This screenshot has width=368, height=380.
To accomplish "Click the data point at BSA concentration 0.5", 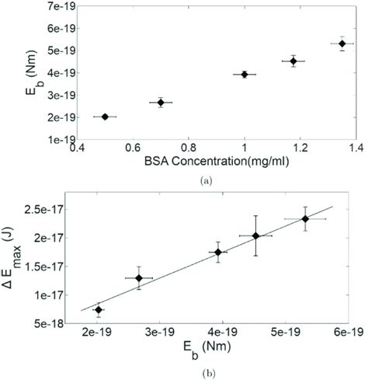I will [105, 117].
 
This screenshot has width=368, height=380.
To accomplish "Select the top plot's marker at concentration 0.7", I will [161, 102].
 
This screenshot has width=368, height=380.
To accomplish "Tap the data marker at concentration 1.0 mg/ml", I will [245, 74].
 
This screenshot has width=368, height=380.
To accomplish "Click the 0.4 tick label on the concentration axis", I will [77, 148].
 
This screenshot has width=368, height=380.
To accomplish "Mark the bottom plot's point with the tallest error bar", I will [255, 235].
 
